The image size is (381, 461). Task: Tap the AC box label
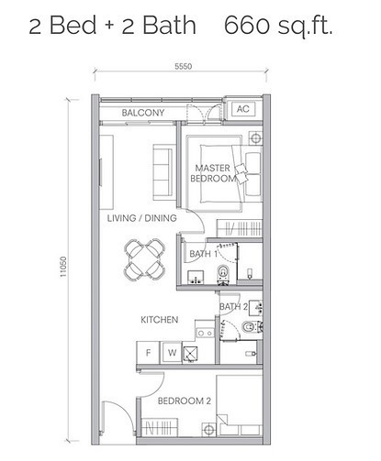click(x=243, y=108)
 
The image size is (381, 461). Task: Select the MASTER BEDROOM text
click(x=216, y=172)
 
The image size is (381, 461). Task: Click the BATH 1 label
click(x=203, y=254)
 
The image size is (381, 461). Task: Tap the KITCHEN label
click(x=157, y=320)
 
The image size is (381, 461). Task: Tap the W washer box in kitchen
click(x=170, y=352)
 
